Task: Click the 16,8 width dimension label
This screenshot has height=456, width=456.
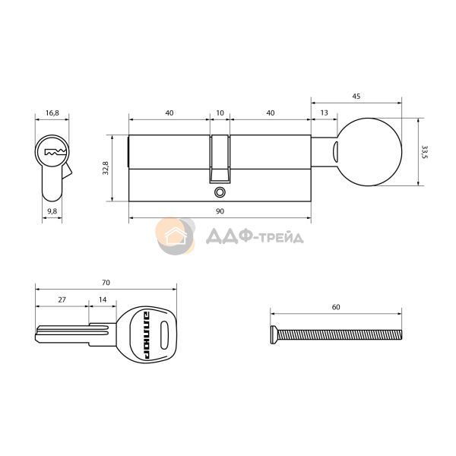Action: [52, 112]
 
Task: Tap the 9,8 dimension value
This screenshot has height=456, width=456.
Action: [52, 211]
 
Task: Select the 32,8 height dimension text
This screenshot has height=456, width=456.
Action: [106, 168]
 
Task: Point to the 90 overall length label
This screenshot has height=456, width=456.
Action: [220, 211]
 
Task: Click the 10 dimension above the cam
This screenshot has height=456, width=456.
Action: [220, 112]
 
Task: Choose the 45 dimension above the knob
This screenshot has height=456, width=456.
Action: [356, 97]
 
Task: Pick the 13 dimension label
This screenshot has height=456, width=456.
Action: [324, 112]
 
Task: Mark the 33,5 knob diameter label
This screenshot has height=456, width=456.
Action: [425, 152]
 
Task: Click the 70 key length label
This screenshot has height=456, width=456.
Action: [106, 283]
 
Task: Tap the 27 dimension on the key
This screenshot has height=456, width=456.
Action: [62, 299]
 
